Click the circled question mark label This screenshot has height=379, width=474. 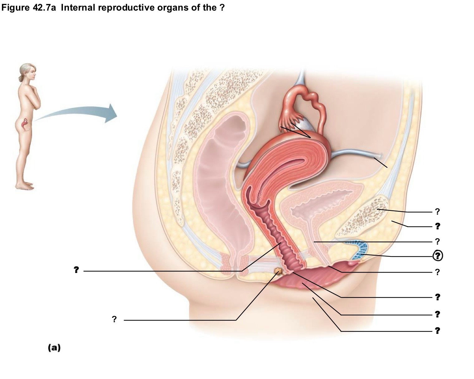(x=438, y=256)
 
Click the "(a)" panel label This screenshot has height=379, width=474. (x=54, y=348)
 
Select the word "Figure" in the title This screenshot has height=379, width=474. (x=16, y=8)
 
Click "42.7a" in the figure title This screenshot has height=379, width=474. (x=45, y=8)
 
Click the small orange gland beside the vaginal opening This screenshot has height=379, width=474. (x=278, y=271)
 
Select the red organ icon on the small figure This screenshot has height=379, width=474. (x=26, y=124)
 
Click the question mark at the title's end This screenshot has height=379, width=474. (x=222, y=8)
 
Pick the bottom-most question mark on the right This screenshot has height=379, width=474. (x=438, y=330)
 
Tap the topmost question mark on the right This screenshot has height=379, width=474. (x=438, y=211)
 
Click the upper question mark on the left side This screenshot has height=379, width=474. (x=76, y=270)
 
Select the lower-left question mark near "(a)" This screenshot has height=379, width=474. (x=114, y=319)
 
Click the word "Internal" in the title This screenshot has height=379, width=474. (x=78, y=8)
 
